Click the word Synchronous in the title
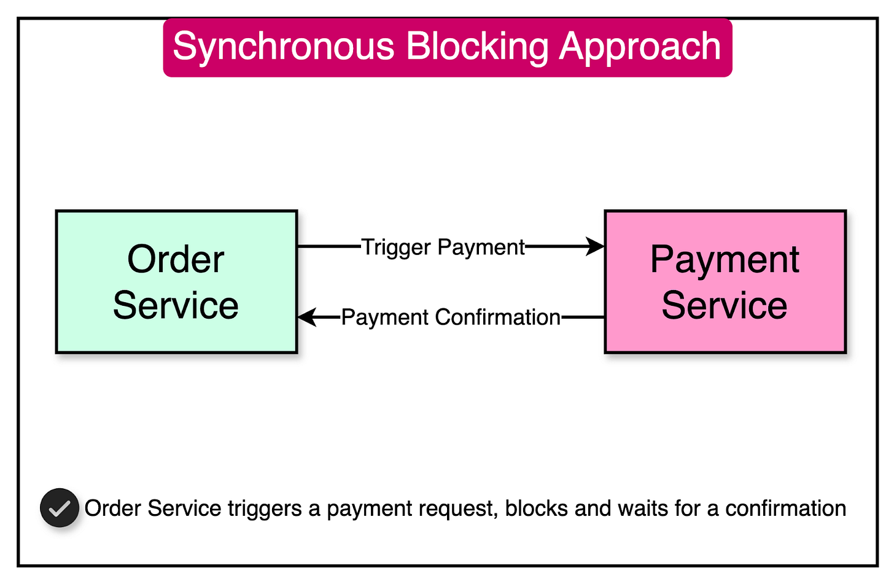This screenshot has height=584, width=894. [283, 47]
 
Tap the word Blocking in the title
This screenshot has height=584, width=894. [476, 47]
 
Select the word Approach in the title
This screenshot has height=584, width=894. [640, 47]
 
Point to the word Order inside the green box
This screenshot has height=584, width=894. [176, 259]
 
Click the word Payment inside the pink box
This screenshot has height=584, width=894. [725, 259]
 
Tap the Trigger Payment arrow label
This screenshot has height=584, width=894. [443, 247]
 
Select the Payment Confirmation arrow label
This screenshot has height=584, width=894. [451, 317]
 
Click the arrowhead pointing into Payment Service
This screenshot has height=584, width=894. [596, 247]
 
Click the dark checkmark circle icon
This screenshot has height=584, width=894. [60, 508]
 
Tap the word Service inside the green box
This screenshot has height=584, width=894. [176, 305]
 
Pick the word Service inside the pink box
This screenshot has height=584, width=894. [725, 305]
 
